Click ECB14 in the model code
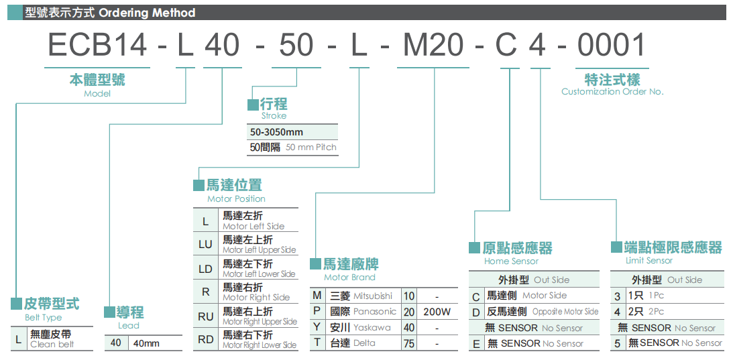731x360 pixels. coord(98,46)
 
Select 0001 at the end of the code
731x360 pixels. coord(611,46)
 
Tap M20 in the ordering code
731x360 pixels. coord(433,46)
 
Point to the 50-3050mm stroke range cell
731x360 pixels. coord(276,132)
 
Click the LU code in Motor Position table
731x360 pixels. coord(205,244)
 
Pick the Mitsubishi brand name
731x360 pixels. coord(373,296)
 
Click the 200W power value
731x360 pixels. coord(437,312)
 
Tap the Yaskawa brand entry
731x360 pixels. coord(372,328)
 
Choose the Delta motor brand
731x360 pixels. coord(365,343)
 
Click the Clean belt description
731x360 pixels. coord(52,345)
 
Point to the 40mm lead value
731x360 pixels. coord(147,343)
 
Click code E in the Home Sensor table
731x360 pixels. coord(476,344)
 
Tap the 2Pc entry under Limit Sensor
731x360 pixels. coord(656,312)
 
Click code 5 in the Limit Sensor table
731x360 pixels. coord(617,343)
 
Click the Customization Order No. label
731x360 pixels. coord(612,92)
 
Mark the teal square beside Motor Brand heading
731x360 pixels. coord(316,263)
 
